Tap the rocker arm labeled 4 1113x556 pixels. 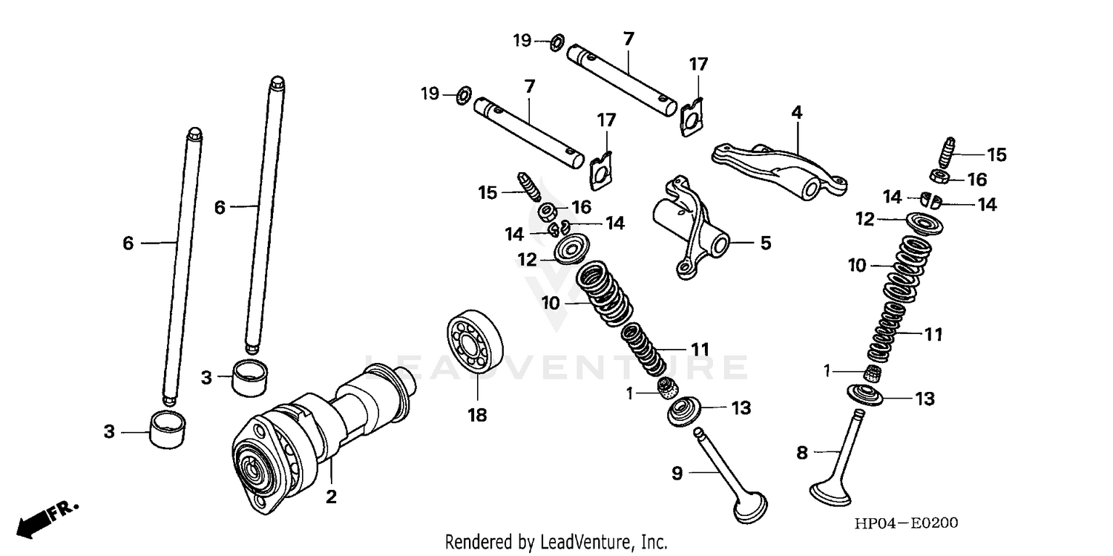pyautogui.click(x=779, y=167)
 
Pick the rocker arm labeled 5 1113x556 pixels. pyautogui.click(x=690, y=226)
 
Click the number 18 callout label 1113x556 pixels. pyautogui.click(x=476, y=416)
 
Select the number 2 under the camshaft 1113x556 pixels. pyautogui.click(x=331, y=497)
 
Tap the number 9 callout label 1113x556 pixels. pyautogui.click(x=677, y=473)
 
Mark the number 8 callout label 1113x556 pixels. pyautogui.click(x=801, y=453)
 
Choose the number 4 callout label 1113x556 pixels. pyautogui.click(x=796, y=113)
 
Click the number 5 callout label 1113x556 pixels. pyautogui.click(x=765, y=243)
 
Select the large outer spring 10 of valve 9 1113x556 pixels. pyautogui.click(x=605, y=293)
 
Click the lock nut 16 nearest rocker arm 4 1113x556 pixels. pyautogui.click(x=939, y=177)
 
